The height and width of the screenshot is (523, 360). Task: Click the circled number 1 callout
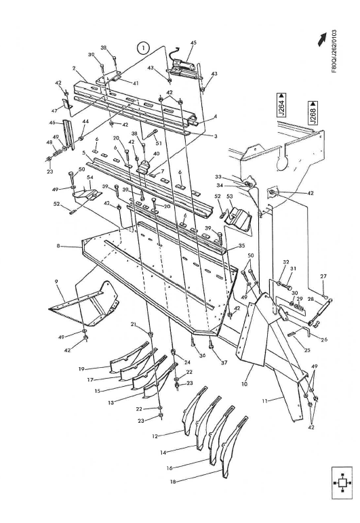click(x=142, y=47)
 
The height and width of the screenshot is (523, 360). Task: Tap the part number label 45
click(x=193, y=43)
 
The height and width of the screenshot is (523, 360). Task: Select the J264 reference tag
click(x=281, y=108)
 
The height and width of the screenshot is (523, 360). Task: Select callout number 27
click(x=323, y=276)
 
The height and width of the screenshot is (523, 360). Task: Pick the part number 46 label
click(x=52, y=124)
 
